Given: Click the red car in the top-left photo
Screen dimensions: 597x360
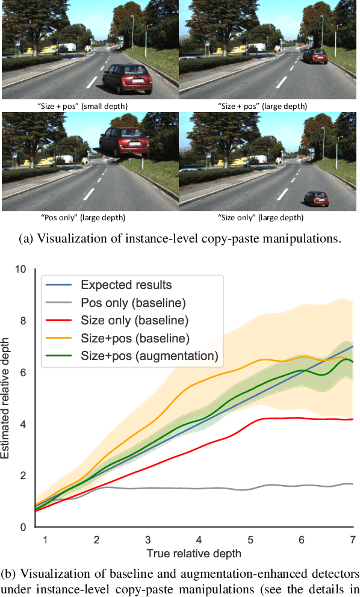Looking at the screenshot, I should coord(128,78).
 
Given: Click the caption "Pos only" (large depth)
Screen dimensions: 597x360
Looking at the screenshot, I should coord(84,218).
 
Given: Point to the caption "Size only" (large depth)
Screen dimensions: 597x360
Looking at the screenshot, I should coord(261,218).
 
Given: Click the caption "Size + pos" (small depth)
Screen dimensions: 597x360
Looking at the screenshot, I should coord(82,106).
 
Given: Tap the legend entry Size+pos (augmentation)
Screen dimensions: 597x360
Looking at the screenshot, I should coord(149,356).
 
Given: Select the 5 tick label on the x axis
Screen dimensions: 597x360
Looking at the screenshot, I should coord(250,539).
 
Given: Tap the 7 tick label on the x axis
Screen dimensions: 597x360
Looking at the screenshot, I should coord(352,539).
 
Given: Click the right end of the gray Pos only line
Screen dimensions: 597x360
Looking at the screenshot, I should coord(352,484).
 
